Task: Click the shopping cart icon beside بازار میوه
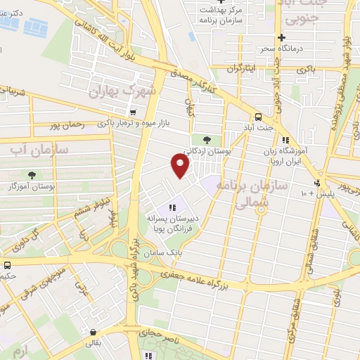point(132,112)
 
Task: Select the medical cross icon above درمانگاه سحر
point(281,37)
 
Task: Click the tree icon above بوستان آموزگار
point(31,174)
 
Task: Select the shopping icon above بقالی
point(93,331)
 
